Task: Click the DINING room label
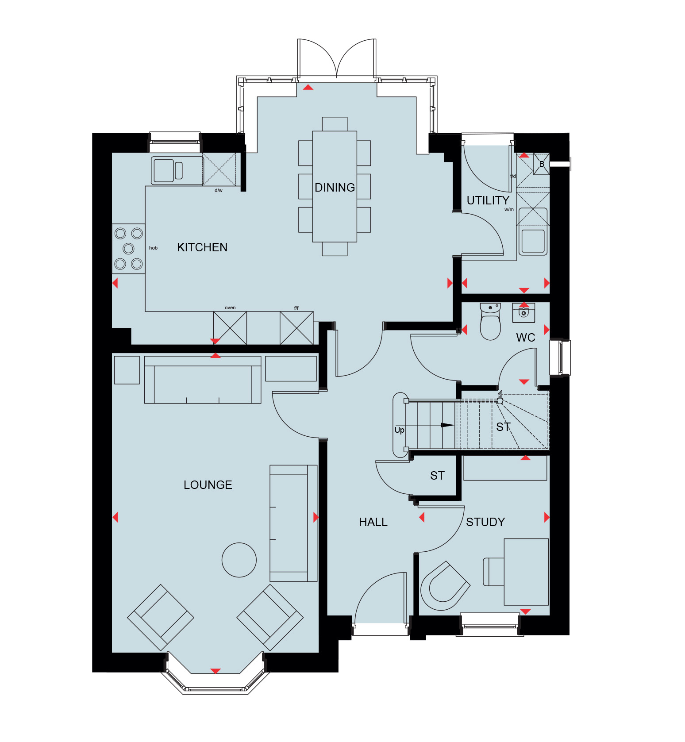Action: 335,188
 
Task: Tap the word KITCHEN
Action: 202,247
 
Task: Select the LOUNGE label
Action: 208,485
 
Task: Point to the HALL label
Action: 373,522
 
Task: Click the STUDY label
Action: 485,522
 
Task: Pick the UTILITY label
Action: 488,200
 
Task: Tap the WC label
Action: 526,338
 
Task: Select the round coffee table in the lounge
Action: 239,560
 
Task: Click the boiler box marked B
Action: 542,164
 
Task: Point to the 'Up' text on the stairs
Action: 399,430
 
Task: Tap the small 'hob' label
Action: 153,248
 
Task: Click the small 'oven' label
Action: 230,308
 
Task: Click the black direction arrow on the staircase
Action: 447,425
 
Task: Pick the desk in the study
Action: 526,572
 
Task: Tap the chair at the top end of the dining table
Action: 335,124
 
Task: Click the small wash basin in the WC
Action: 523,312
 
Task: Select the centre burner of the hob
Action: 128,248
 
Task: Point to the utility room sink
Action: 533,241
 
